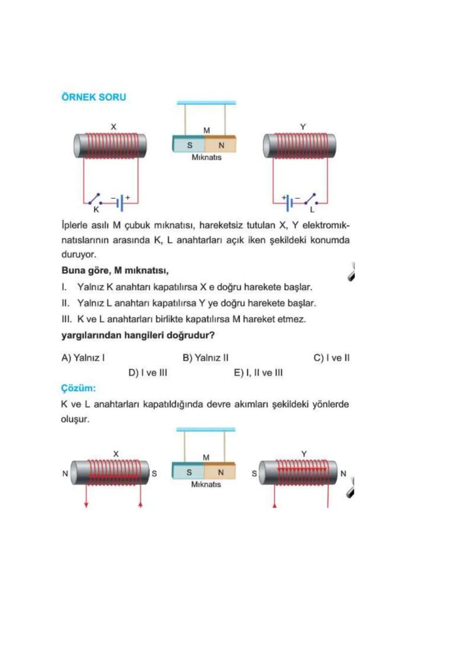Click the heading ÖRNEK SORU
pos(93,97)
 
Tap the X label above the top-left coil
pos(113,127)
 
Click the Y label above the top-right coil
pos(303,127)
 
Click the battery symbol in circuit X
pos(121,203)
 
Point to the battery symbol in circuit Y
pos(290,203)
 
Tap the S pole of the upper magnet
pos(189,145)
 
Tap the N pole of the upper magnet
pos(221,145)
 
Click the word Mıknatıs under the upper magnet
pos(206,157)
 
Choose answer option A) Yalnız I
pos(83,358)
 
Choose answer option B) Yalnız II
pos(206,358)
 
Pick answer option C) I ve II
pos(332,358)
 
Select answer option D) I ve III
pos(148,373)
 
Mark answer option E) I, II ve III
pos(258,373)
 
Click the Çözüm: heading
pos(78,388)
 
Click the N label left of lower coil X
pos(65,473)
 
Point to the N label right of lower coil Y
pos(344,473)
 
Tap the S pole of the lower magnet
pos(188,472)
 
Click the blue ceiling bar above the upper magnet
pos(206,103)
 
